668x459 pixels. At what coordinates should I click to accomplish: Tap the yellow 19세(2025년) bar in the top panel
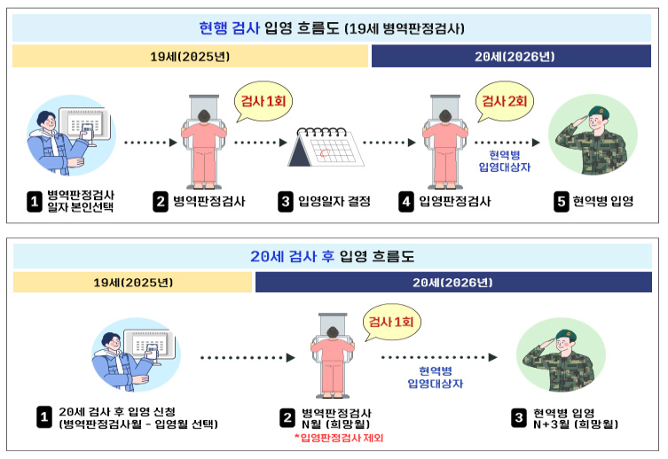[190, 57]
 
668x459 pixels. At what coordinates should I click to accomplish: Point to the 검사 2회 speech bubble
[503, 101]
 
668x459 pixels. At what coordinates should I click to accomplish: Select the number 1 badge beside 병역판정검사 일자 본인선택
[35, 202]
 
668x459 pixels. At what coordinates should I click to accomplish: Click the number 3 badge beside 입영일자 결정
[286, 202]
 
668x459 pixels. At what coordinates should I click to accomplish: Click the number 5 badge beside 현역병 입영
[561, 202]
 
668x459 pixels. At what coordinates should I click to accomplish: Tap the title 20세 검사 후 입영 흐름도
[334, 257]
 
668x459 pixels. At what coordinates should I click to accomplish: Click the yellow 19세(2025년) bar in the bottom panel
[133, 283]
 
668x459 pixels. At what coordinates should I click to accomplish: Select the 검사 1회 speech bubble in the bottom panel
[390, 321]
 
